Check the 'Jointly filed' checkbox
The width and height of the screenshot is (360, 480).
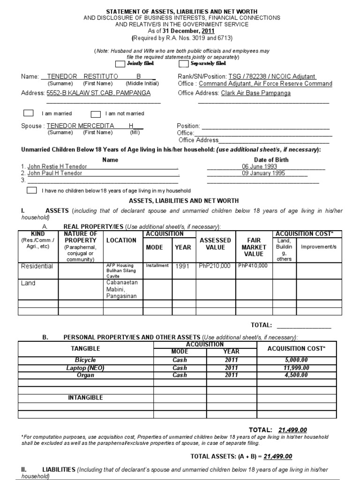(x=120, y=64)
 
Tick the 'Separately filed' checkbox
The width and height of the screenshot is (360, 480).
(x=184, y=64)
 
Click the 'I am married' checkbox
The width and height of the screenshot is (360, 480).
(x=29, y=113)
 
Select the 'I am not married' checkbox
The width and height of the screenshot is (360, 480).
(x=96, y=113)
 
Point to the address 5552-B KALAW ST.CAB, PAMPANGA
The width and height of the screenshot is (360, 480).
(x=98, y=93)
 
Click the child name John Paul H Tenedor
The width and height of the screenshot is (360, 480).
(x=55, y=173)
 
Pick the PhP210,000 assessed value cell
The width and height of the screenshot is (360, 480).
(x=215, y=266)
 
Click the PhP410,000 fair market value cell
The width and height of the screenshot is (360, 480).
(x=253, y=265)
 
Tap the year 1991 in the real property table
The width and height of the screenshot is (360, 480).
(x=182, y=266)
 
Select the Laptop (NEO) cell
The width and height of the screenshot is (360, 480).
(x=85, y=368)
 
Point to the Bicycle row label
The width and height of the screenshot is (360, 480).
(x=85, y=360)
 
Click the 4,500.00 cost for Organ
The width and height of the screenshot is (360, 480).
(x=296, y=375)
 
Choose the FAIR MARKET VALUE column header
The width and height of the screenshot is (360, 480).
(x=254, y=247)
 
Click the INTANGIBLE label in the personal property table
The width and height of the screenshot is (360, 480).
(x=85, y=397)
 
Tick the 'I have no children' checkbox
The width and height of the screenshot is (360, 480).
(x=32, y=190)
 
